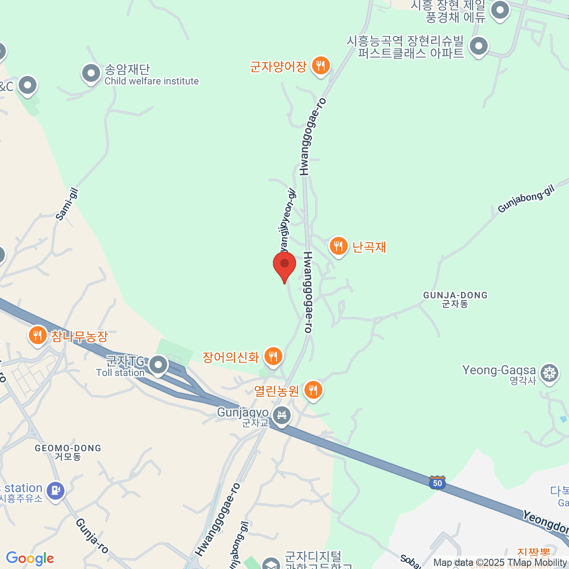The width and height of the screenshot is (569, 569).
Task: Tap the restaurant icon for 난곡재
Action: click(338, 246)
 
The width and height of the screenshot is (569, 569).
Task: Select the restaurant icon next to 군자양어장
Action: click(321, 65)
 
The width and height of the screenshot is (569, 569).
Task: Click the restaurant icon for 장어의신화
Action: click(273, 356)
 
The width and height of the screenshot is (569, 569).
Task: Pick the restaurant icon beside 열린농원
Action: click(312, 390)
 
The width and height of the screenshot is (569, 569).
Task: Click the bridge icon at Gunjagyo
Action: click(282, 416)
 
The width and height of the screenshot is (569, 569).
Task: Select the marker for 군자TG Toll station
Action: click(158, 365)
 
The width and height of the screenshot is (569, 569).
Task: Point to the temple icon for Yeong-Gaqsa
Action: click(550, 373)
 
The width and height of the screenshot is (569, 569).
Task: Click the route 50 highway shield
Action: click(437, 483)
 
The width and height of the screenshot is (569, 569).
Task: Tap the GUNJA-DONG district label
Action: click(455, 299)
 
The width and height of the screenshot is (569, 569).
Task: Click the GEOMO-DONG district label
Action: click(68, 452)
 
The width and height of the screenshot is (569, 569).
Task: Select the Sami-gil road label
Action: click(67, 204)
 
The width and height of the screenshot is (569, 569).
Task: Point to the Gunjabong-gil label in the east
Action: click(526, 199)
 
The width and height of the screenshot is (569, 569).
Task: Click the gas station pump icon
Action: click(55, 490)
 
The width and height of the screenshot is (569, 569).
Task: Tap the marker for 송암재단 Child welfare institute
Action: click(91, 73)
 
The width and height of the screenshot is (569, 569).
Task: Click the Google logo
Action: click(30, 559)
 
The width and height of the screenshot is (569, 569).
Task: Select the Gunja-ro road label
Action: click(92, 536)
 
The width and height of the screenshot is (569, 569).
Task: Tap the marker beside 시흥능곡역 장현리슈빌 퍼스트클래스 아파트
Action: click(478, 46)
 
